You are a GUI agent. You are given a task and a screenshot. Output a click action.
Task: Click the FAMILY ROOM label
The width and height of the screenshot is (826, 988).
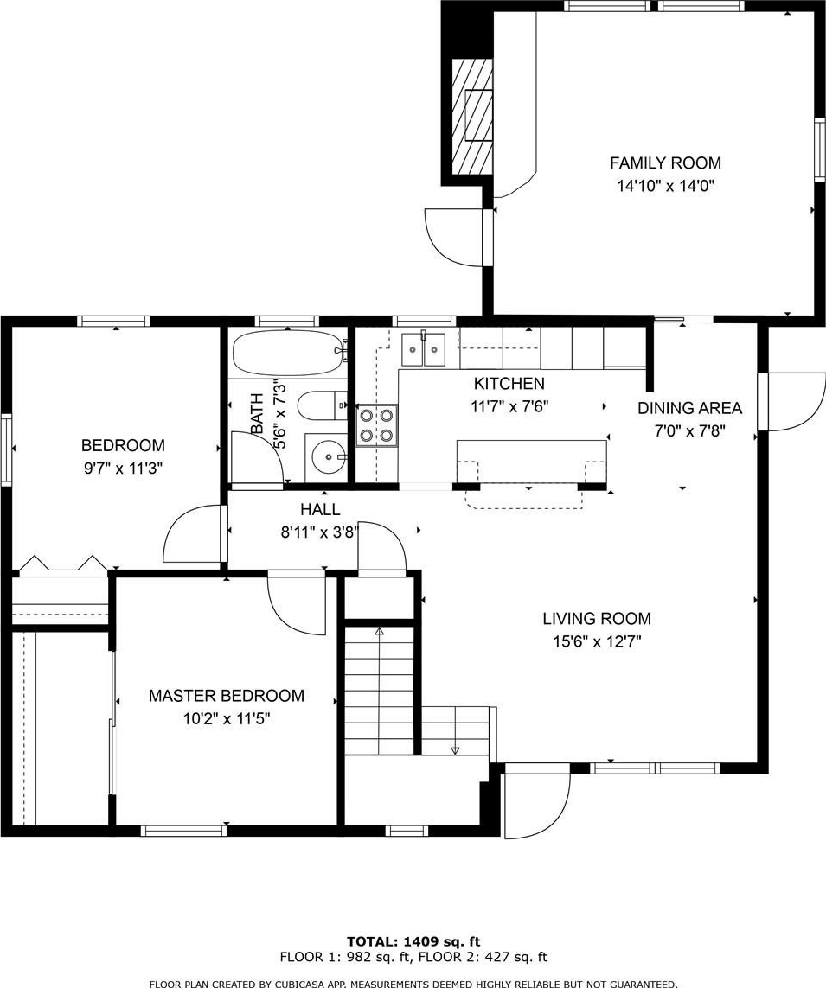tap(665, 163)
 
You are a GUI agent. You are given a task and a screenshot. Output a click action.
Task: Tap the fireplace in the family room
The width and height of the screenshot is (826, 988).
tap(472, 117)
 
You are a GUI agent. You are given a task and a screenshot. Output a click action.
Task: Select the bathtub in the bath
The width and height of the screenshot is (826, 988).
tap(290, 354)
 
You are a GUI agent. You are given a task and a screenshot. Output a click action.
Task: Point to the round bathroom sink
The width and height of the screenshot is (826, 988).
tap(327, 455)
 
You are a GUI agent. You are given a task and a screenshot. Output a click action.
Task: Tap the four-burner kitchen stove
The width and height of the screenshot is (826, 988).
tap(377, 425)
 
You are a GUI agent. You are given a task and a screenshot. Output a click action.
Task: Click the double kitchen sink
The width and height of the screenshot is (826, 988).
tap(423, 348)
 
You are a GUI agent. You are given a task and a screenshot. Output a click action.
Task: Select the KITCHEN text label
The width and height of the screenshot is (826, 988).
tap(509, 383)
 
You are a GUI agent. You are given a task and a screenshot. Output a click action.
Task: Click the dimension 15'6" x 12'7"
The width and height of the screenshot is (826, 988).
tap(597, 642)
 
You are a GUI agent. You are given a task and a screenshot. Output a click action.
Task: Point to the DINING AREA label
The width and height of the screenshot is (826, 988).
tap(690, 408)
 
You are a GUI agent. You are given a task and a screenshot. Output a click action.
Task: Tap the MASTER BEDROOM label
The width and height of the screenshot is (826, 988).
tap(227, 696)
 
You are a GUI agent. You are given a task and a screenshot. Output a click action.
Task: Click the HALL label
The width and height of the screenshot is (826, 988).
tap(320, 509)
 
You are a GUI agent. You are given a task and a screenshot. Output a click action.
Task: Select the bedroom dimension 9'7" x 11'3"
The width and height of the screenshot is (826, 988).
tap(123, 469)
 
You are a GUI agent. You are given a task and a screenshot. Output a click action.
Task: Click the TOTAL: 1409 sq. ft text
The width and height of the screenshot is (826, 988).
tap(413, 942)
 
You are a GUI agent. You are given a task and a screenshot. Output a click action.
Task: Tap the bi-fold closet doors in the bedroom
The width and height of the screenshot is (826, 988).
tap(61, 564)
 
